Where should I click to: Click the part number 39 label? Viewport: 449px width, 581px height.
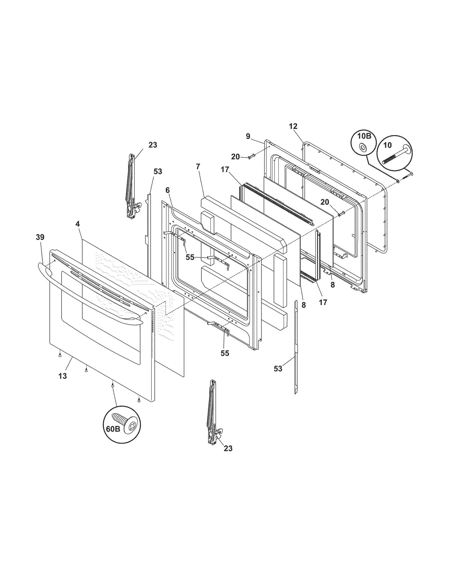(40, 237)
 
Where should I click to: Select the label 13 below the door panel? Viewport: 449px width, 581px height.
(63, 376)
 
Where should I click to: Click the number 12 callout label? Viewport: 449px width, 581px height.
(293, 126)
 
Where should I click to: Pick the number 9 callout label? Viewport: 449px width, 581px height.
(248, 136)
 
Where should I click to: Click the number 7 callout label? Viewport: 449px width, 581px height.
(198, 166)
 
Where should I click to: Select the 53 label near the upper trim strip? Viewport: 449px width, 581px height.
(158, 171)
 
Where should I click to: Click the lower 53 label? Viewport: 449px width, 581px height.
(278, 368)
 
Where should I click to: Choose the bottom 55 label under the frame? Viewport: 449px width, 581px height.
(225, 353)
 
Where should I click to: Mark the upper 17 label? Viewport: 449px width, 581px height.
(225, 169)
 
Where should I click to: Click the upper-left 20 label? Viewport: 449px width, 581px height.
(235, 157)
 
